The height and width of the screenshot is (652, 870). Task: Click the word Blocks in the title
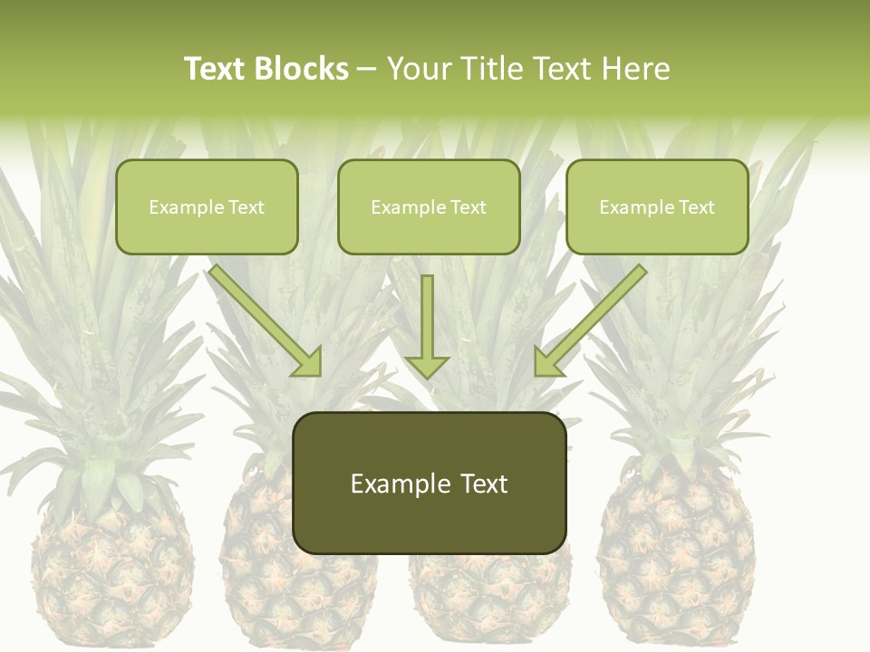click(303, 69)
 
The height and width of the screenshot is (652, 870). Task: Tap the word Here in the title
click(633, 69)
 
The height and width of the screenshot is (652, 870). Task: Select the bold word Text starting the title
click(217, 69)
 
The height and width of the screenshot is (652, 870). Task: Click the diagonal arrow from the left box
click(263, 317)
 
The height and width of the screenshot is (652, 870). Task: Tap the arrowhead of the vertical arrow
click(427, 367)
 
